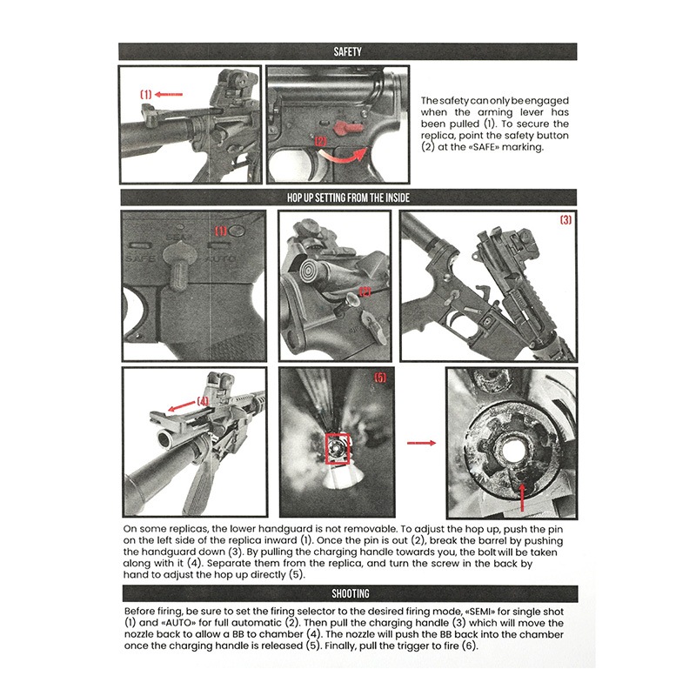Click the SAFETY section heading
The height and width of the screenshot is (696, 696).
coord(347,51)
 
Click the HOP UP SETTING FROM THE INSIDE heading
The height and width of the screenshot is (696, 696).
coord(347,197)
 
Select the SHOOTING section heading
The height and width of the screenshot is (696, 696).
coord(347,593)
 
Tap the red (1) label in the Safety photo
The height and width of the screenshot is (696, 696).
coord(146,94)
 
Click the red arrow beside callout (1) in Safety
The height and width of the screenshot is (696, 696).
coord(171,94)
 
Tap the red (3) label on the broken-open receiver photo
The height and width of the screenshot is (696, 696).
coord(565,220)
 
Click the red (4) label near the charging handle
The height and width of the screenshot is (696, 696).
coord(203,401)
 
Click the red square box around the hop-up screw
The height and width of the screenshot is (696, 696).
coord(335,447)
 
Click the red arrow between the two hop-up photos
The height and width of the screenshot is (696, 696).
coord(422,442)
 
